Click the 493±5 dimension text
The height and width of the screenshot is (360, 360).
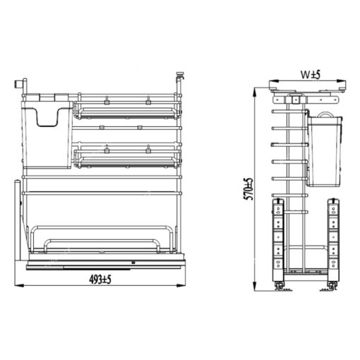(100, 280)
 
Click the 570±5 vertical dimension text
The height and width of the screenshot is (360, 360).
(248, 188)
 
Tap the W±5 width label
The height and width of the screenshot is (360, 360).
(311, 75)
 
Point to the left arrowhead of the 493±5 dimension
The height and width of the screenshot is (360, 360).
(19, 285)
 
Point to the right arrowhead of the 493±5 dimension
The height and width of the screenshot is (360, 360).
(181, 285)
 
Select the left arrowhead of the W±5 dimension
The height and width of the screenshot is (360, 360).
(274, 81)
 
